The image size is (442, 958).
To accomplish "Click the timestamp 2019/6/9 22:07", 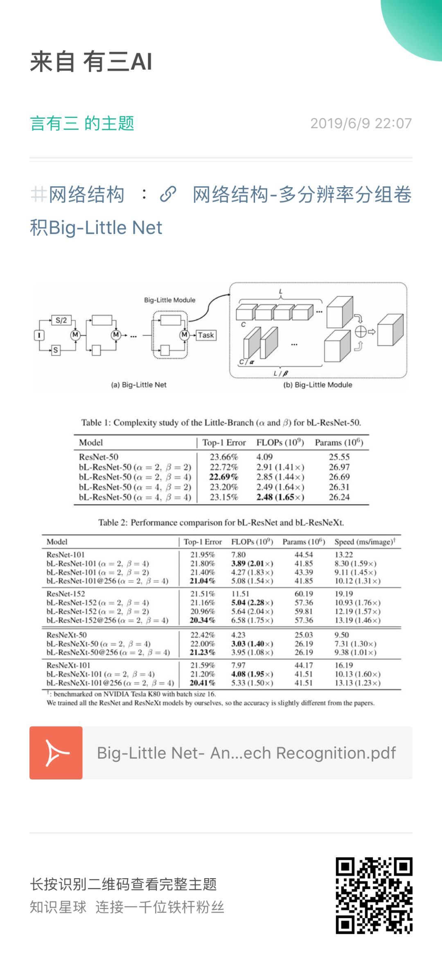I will click(x=361, y=123).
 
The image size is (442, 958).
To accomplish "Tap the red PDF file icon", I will click(x=56, y=753).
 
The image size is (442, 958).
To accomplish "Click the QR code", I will click(x=374, y=895).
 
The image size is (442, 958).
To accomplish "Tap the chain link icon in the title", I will click(x=168, y=194).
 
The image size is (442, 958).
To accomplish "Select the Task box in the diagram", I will click(x=206, y=335).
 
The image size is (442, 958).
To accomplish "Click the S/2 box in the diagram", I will click(x=61, y=320).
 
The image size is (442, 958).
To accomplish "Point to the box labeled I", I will click(x=39, y=335).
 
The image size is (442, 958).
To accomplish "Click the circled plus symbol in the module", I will click(x=361, y=332).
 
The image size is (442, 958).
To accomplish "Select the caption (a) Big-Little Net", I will click(x=139, y=385).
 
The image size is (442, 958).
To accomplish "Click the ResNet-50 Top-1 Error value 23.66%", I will click(x=224, y=457).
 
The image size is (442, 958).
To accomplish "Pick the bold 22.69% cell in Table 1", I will click(x=224, y=477).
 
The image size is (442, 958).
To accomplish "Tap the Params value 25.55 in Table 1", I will click(x=339, y=457).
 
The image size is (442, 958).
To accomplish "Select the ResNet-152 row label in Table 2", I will click(x=66, y=593).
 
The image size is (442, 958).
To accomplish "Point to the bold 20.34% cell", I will click(x=203, y=620).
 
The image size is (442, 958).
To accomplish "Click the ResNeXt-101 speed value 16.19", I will click(x=344, y=665).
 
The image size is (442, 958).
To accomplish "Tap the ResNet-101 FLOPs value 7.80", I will click(x=239, y=555).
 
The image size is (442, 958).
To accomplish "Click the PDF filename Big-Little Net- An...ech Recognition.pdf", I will click(x=246, y=753).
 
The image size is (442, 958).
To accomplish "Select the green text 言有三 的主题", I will click(x=82, y=123).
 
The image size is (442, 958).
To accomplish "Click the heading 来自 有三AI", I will click(x=91, y=62).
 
